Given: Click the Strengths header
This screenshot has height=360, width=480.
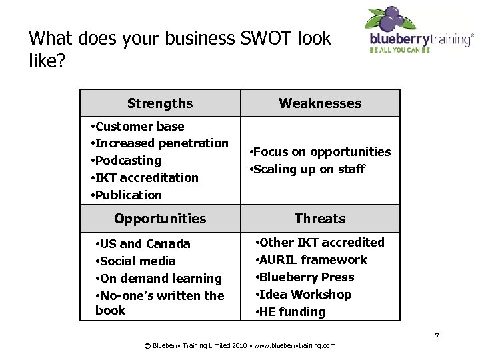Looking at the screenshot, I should point(160,103).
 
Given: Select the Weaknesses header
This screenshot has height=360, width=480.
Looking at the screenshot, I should point(320,103).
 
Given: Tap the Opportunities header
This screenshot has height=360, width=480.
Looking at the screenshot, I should point(160,219).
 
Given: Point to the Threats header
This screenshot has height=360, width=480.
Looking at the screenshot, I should point(320,219).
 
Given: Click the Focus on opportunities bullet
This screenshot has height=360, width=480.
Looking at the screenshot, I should point(319,152).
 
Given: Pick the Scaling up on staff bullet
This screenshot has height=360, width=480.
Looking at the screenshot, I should point(307,169).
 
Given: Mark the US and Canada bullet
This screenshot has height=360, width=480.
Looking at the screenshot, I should point(143,244).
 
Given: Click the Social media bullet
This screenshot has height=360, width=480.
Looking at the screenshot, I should point(135,261).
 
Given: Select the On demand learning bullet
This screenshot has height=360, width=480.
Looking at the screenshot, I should point(159,279).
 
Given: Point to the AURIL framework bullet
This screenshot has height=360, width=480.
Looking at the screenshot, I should point(311,260).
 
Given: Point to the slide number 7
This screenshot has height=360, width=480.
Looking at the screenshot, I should point(437,336).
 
